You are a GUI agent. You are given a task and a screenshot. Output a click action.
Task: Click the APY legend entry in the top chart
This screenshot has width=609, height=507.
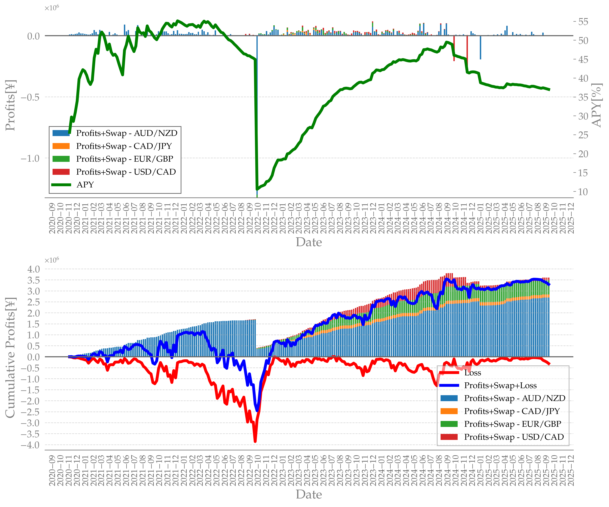pos(85,185)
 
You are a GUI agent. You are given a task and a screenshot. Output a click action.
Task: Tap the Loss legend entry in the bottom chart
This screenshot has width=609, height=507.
pos(472,373)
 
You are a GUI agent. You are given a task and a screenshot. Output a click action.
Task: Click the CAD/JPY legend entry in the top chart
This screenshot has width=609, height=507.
pos(124,146)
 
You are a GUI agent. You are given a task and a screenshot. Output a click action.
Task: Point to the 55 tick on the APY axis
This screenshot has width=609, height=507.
pos(583,22)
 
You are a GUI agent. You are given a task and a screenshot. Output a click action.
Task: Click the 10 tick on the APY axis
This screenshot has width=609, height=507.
pos(583,192)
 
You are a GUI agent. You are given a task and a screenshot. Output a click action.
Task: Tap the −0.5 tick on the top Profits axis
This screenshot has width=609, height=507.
pos(30,97)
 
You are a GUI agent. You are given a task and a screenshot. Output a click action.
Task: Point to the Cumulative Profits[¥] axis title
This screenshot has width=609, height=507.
pos(10,357)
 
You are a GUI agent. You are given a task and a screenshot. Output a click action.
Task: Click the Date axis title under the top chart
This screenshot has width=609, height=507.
pos(309,242)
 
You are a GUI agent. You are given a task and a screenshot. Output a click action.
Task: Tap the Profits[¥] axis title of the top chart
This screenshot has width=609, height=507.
pos(10,105)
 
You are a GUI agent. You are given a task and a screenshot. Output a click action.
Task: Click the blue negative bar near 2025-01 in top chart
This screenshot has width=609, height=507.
pos(481,48)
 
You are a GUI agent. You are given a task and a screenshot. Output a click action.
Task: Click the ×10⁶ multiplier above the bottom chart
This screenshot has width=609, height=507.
pos(52,260)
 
